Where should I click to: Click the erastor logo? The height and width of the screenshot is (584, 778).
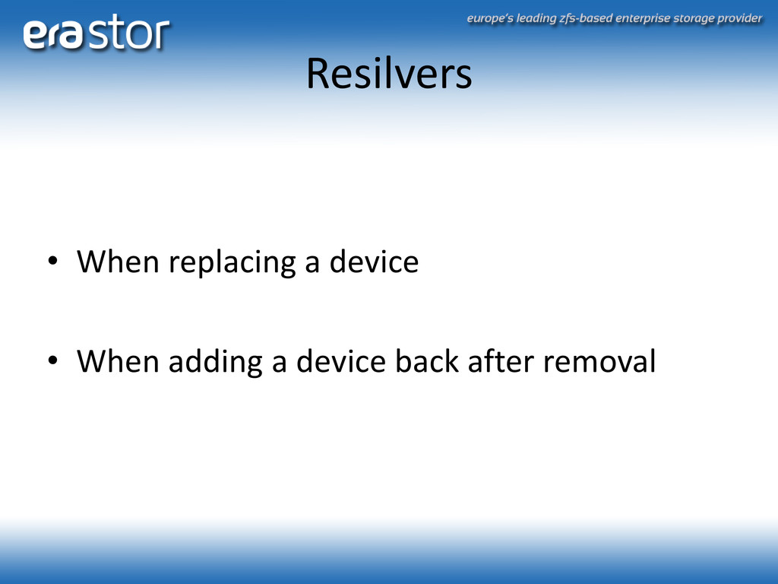96,32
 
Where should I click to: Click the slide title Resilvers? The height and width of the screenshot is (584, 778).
389,74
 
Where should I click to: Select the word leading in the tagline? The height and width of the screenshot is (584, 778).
536,19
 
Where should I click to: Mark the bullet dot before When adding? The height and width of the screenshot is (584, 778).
52,360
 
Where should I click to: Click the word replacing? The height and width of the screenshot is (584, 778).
232,263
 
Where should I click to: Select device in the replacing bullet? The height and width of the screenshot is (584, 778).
374,262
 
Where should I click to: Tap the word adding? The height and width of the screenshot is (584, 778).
215,363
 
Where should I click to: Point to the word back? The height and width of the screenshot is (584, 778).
427,360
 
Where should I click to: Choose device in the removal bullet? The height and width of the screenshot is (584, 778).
341,360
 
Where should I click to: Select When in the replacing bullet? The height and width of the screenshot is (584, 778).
118,262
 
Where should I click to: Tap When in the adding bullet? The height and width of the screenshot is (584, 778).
118,360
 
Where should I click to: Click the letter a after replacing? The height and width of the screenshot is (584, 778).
312,264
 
